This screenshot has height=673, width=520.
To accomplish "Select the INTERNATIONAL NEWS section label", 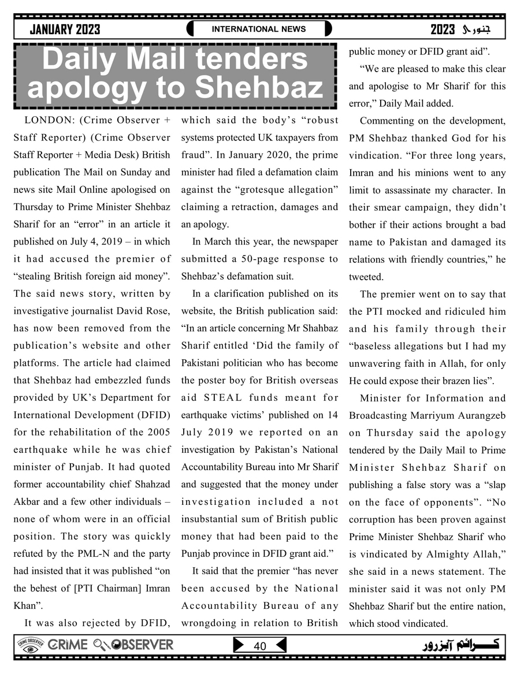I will point(259,29).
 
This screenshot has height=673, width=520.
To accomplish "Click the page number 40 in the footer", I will point(260,646).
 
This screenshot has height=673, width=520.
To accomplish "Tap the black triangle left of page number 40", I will point(238,645).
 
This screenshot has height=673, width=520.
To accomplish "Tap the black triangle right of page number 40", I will point(281,645).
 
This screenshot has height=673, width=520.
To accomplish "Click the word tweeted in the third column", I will point(366,277).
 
